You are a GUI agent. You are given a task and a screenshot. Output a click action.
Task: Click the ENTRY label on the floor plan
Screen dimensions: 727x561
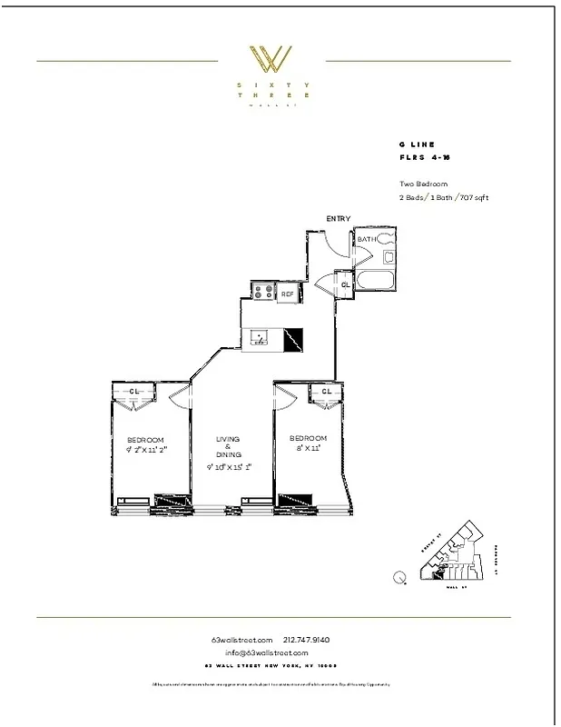click(339, 219)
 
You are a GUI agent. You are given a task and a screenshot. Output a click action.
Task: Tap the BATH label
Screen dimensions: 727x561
click(366, 239)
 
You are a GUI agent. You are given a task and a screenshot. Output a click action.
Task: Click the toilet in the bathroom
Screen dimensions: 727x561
click(387, 239)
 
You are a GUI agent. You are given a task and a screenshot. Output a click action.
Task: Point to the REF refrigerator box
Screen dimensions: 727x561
click(286, 294)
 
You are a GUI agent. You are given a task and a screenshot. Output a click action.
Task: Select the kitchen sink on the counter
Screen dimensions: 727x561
click(260, 338)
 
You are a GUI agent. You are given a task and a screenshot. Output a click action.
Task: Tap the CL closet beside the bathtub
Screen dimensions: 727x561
click(345, 284)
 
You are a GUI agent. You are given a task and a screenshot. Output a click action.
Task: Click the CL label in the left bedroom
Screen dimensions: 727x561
click(134, 392)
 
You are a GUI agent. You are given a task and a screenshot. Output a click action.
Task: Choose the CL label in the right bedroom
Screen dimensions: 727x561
click(325, 392)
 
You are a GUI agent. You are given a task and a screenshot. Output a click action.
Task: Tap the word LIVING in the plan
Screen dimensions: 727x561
click(227, 440)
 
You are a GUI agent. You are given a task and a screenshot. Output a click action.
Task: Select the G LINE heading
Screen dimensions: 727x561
click(417, 144)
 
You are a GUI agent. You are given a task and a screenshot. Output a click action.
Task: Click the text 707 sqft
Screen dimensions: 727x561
click(473, 197)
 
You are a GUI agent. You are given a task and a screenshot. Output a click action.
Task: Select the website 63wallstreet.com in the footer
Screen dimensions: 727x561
click(241, 640)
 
